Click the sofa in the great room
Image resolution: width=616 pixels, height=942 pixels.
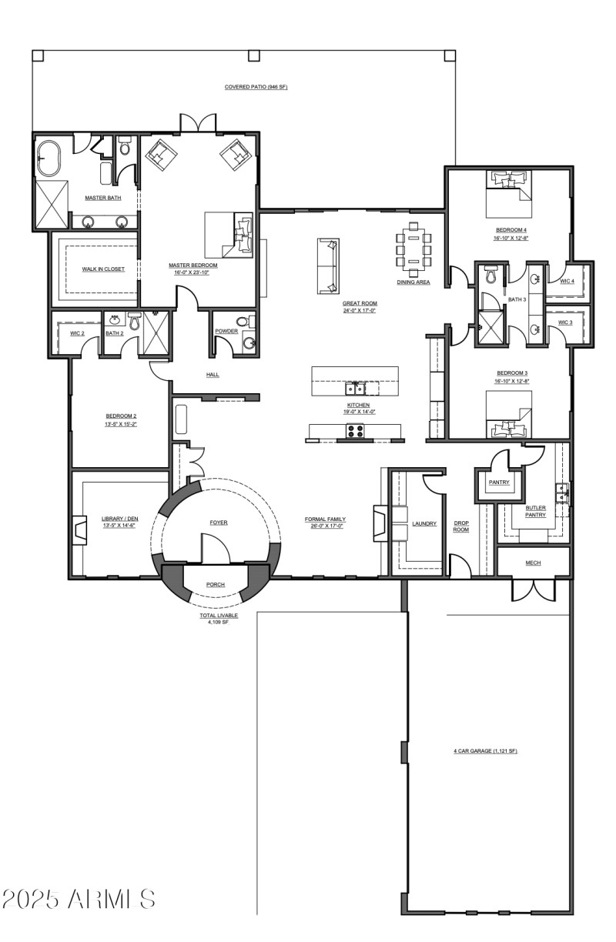(x=327, y=266)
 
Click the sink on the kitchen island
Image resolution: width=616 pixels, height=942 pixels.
(x=355, y=386)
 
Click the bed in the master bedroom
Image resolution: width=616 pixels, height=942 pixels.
(x=229, y=234)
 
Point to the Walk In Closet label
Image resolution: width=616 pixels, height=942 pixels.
(x=103, y=269)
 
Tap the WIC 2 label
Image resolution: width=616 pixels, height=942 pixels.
(x=77, y=333)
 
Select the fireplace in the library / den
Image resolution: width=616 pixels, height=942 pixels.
(x=79, y=529)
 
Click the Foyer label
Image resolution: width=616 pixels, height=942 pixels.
(x=219, y=523)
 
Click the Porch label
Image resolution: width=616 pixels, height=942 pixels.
(x=216, y=585)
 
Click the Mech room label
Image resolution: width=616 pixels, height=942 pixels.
(x=533, y=563)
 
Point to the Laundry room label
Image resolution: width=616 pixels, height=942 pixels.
(x=424, y=523)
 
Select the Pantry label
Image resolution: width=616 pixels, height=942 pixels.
(x=499, y=482)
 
